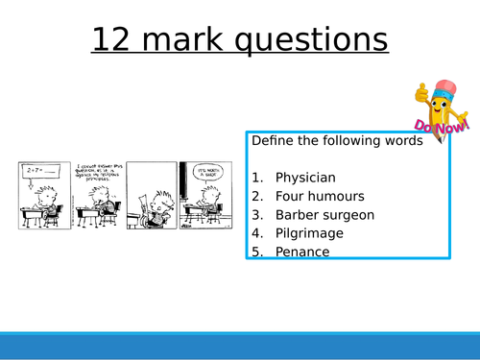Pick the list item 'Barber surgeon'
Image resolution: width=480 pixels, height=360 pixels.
coord(324,215)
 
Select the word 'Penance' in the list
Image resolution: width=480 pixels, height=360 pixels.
coord(302,252)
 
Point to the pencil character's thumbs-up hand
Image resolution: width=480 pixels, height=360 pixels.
coord(421,93)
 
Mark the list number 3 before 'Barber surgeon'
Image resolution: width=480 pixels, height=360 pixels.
coord(257,215)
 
